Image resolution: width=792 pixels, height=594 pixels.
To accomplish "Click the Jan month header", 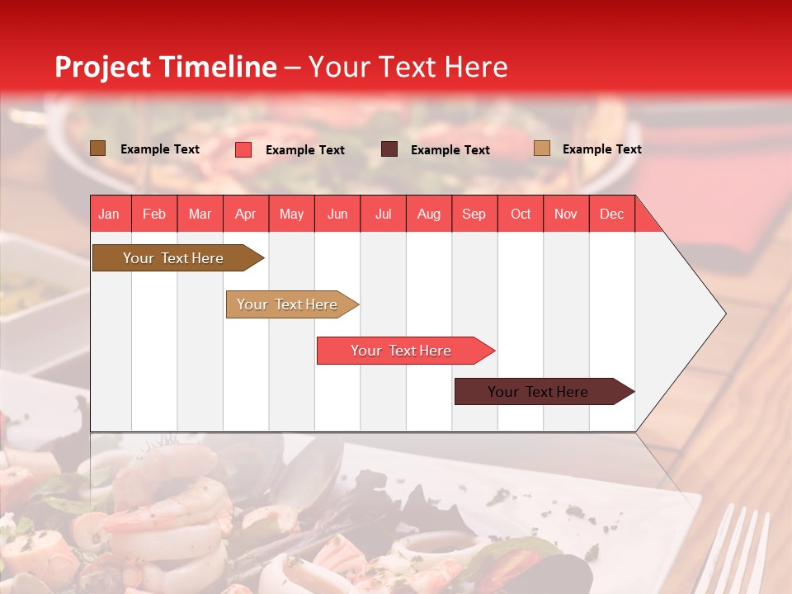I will tap(109, 214).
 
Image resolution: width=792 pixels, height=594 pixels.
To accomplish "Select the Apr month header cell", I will tap(245, 214).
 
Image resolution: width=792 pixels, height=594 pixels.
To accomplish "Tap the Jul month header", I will tap(383, 214).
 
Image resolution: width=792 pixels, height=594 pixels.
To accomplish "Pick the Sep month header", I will tap(474, 214).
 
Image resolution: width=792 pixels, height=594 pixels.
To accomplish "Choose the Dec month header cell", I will tap(611, 214).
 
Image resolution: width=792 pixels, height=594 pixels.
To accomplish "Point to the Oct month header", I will tap(520, 214).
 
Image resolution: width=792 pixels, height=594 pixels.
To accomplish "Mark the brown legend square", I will tap(97, 148).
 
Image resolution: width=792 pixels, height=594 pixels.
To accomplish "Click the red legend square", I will tap(243, 149).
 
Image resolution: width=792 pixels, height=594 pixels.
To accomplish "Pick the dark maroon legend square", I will tap(389, 149).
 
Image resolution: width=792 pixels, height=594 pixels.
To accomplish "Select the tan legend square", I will tap(541, 148).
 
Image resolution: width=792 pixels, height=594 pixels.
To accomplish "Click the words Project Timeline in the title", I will tap(165, 67).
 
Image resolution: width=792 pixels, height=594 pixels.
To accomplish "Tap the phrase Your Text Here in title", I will tap(408, 67).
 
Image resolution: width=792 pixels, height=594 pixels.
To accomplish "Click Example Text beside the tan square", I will tap(601, 149).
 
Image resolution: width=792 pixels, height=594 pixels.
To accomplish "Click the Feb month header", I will tap(154, 214).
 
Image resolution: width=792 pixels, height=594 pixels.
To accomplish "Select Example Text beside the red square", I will tap(304, 150).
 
